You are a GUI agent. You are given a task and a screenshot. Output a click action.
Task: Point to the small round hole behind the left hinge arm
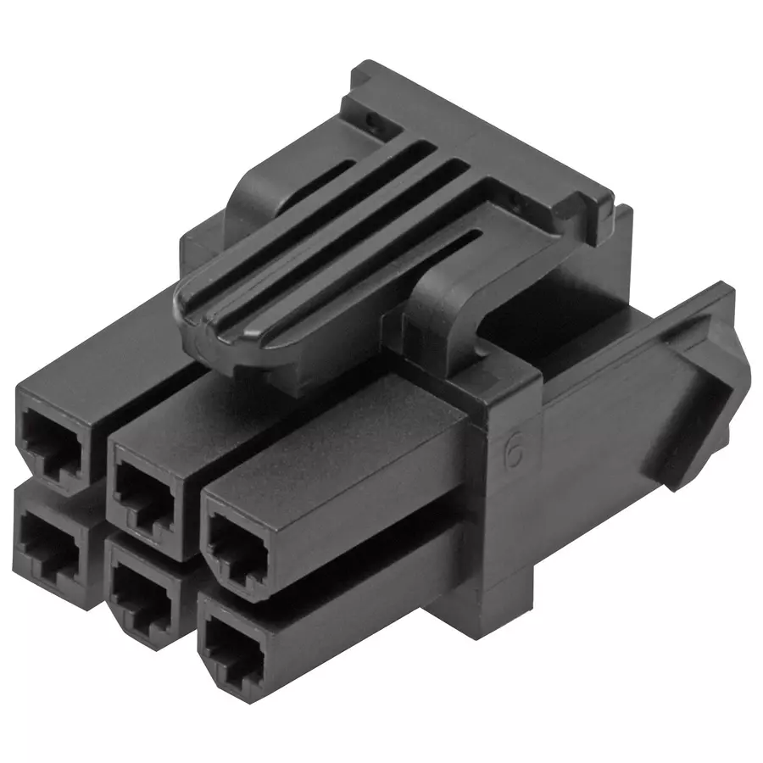(374, 123)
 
